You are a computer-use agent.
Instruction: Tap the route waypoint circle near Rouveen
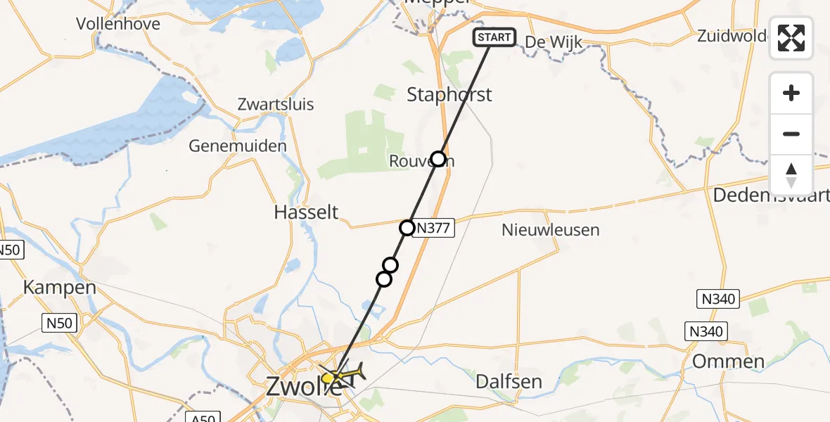[438, 159]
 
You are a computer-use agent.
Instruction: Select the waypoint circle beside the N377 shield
[407, 228]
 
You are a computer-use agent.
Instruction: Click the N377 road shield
[437, 228]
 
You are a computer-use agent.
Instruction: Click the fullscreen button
[791, 38]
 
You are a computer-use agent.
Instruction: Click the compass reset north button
[791, 175]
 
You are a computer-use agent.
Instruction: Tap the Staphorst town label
[449, 95]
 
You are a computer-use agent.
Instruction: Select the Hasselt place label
[306, 212]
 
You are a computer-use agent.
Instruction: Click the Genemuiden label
[238, 146]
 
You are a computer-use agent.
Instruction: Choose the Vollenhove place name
[118, 24]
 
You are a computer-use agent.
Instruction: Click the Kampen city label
[59, 287]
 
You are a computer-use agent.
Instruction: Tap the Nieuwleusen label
[551, 229]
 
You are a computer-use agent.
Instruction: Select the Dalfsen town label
[509, 382]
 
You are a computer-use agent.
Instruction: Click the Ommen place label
[728, 362]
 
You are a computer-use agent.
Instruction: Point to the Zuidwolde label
[732, 35]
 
